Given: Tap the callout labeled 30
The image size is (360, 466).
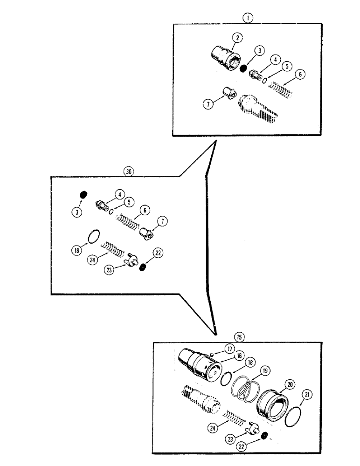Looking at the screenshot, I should click(129, 171).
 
